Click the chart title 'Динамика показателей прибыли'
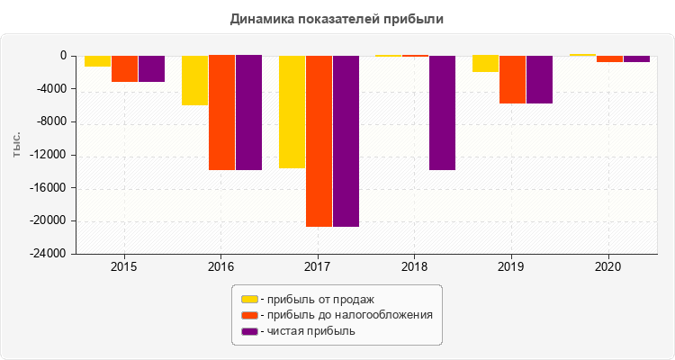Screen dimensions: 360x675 (x=337, y=18)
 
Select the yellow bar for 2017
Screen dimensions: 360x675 (x=292, y=112)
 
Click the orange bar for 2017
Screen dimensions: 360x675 (x=319, y=140)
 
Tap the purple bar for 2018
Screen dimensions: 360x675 (x=442, y=112)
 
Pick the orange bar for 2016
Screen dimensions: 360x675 (x=221, y=112)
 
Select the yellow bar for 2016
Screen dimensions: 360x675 (x=194, y=80)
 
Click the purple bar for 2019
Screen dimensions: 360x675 (x=539, y=79)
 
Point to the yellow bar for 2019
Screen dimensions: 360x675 (x=485, y=64)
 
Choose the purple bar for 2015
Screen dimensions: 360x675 (x=151, y=68)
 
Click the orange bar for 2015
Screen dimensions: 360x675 (x=124, y=68)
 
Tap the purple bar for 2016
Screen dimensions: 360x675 (x=248, y=112)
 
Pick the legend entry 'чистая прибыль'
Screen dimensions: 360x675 (x=305, y=331)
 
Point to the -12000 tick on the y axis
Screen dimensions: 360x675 (x=50, y=155)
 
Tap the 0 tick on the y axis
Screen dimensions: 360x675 (x=63, y=56)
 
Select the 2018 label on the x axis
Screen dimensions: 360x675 (x=414, y=267)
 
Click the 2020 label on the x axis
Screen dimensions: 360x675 (x=607, y=267)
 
